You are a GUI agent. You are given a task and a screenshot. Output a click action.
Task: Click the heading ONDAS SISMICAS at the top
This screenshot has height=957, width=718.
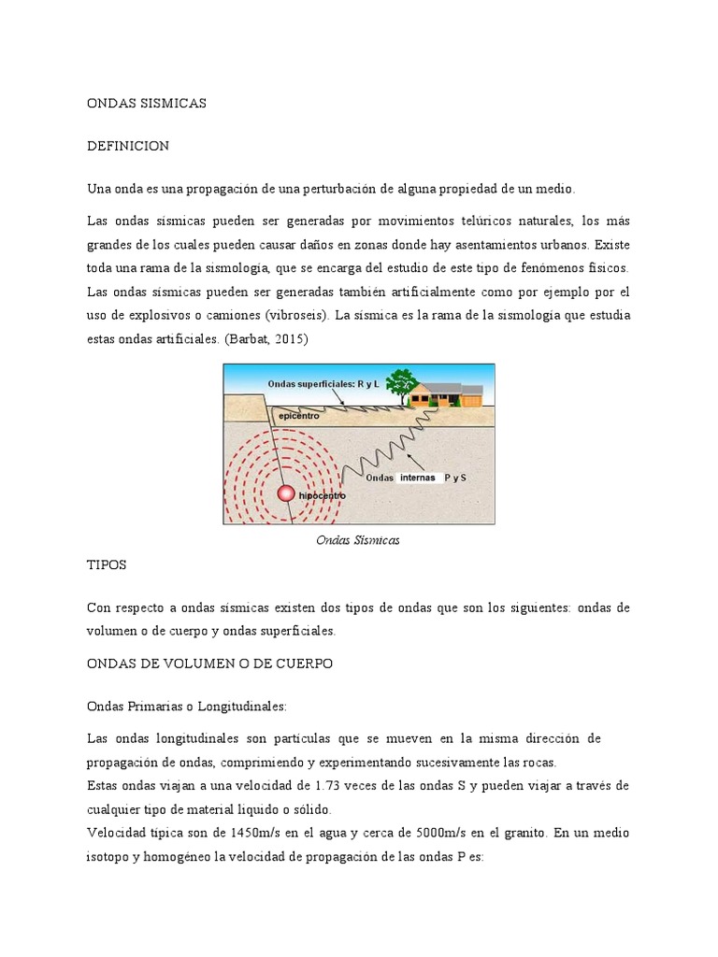coord(146,104)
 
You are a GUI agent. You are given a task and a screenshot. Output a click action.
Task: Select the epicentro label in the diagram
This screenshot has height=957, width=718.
coord(300,416)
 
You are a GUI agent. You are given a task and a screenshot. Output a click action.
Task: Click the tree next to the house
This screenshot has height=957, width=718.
coord(403,383)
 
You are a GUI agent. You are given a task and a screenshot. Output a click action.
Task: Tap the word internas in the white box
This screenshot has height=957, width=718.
coord(418,478)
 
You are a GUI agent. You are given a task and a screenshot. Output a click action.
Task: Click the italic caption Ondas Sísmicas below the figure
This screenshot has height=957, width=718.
coord(358,540)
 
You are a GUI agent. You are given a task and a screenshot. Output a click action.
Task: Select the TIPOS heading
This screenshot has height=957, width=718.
coord(107,565)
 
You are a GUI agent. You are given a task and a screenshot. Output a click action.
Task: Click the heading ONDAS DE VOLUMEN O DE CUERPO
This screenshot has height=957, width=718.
coord(209,664)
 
